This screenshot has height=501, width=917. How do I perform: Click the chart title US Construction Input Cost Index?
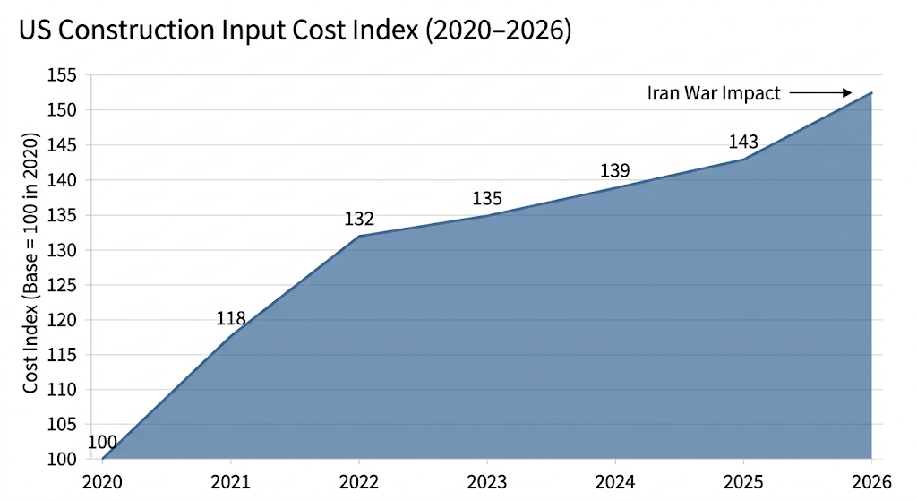pos(296,30)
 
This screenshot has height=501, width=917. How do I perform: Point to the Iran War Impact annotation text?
pos(714,92)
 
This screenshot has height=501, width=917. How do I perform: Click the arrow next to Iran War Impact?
pos(819,92)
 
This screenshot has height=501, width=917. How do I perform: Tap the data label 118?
pos(231,318)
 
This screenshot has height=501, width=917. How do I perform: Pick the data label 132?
pos(359,219)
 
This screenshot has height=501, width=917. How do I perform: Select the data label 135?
pos(487,198)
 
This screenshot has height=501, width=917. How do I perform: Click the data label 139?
pos(615,170)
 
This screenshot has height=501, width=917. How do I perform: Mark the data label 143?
pos(743,142)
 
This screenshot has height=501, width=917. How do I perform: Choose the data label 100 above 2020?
pos(103,442)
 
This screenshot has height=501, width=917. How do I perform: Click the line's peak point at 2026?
pos(871,92)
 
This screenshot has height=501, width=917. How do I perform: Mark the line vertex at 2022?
pos(359,236)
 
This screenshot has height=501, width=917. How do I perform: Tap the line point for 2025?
pos(743,159)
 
